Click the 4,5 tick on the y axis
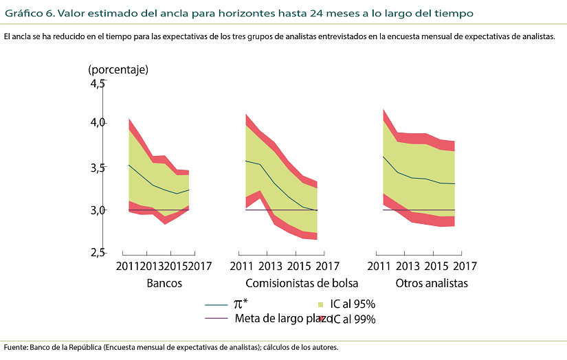pos(96,83)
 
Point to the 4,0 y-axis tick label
pos(96,122)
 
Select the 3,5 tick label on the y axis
pos(96,167)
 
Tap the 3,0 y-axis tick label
pos(96,210)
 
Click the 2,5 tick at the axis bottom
pos(96,252)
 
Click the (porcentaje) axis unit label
pos(118,69)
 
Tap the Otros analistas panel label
pos(432,283)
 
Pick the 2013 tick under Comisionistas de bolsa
pos(270,267)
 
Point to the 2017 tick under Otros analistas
pos(465,267)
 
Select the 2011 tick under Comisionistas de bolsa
pos(241,267)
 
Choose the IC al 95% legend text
pos(353,304)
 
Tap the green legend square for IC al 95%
pos(321,304)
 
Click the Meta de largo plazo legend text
pos(284,319)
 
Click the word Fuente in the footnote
pos(15,347)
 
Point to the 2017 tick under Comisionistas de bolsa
pos(328,267)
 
